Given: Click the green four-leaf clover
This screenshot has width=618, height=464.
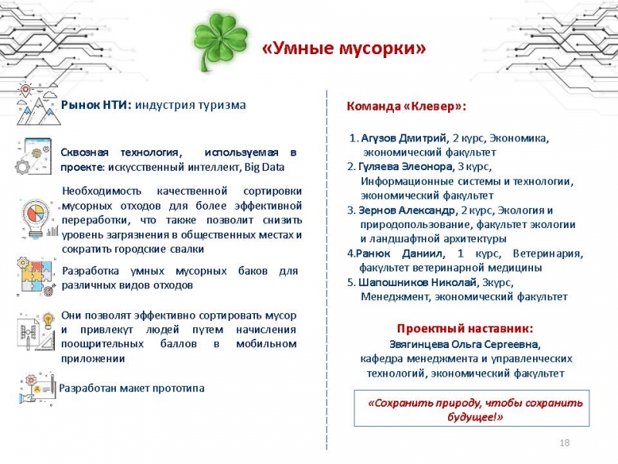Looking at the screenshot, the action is click(221, 43).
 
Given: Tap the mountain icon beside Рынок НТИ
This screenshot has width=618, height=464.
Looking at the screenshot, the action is click(38, 104).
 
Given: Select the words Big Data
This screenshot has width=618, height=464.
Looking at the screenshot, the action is click(264, 167).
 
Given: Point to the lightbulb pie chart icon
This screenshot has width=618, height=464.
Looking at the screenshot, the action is click(36, 219).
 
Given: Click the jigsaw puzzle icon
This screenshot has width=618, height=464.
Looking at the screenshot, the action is click(36, 276).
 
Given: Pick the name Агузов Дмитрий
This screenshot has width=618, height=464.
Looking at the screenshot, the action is click(404, 138).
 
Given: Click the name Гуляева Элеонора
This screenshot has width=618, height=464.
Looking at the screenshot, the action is click(406, 166).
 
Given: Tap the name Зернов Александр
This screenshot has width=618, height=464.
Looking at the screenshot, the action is click(407, 210).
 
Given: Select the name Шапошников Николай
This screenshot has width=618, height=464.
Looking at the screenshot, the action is click(418, 282).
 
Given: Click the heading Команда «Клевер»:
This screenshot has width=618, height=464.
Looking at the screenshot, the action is click(406, 107).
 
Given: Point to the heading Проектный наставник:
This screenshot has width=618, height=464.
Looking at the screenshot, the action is click(465, 329).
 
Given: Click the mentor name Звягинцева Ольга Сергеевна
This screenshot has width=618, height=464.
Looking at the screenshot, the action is click(464, 344).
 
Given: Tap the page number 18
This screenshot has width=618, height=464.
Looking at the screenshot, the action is click(565, 442).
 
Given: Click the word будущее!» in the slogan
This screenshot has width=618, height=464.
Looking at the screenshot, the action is click(475, 417).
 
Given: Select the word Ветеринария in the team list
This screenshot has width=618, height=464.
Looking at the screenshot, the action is click(548, 254).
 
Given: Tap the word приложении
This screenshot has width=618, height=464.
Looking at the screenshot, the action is click(93, 359).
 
